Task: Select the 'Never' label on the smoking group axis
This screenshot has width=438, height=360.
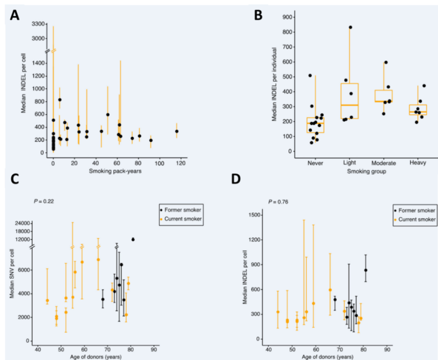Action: (x=315, y=163)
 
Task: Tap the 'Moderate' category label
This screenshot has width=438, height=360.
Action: (x=384, y=163)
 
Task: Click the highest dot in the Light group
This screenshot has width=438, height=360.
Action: (x=350, y=27)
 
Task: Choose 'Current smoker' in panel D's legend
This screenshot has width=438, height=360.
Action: (x=419, y=219)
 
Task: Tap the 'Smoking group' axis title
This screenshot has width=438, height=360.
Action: (x=367, y=171)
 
